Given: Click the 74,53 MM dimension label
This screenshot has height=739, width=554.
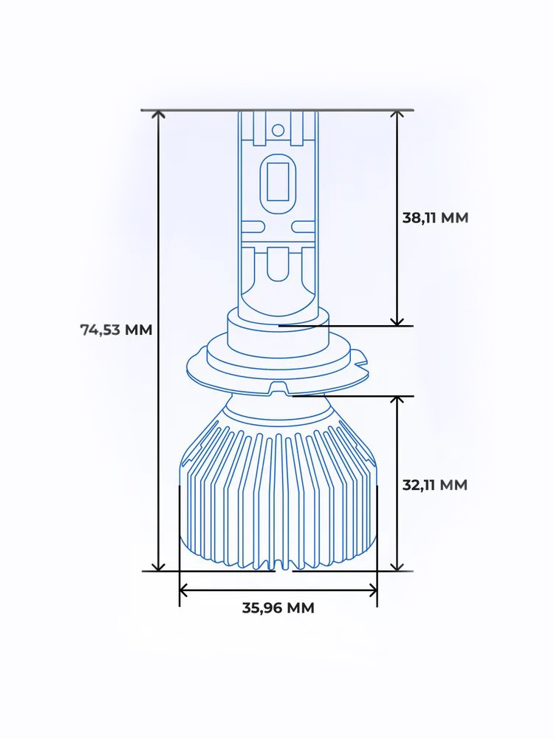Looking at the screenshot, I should click(116, 330).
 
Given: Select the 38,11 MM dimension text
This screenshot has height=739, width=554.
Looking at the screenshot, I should click(435, 218).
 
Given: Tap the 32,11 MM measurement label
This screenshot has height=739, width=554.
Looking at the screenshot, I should click(435, 486).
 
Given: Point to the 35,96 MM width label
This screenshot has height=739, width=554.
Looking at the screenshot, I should click(278, 608).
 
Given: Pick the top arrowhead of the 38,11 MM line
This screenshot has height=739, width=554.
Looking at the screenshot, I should click(397, 115).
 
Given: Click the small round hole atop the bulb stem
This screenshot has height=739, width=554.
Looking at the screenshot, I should click(278, 130).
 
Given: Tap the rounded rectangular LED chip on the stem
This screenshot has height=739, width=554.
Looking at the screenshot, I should click(278, 180).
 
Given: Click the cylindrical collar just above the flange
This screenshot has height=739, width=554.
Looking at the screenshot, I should click(278, 336).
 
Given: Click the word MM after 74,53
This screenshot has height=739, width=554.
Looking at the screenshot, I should click(138, 330).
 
